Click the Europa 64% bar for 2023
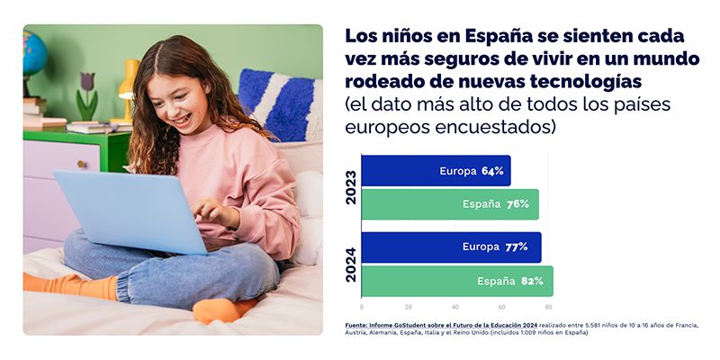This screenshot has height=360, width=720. click(436, 171)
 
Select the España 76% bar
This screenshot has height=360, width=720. click(450, 204)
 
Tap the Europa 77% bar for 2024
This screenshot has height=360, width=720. click(452, 247)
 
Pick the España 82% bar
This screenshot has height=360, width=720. click(457, 281)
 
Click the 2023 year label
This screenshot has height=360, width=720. click(350, 187)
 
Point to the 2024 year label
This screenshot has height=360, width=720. click(350, 264)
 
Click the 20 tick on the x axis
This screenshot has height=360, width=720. click(408, 307)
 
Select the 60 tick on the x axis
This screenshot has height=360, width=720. click(501, 307)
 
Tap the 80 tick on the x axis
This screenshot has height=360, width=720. click(548, 307)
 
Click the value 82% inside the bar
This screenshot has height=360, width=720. click(532, 282)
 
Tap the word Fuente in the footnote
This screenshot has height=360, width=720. click(357, 324)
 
